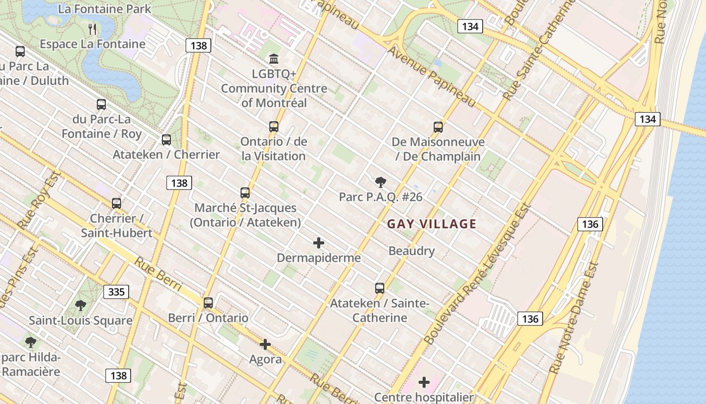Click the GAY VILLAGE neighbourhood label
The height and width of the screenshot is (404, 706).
pos(432,224)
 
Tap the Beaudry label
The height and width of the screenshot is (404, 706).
pos(411,251)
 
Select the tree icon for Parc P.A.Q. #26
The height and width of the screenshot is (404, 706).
pos(381,182)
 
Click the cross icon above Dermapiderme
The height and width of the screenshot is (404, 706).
pos(319,243)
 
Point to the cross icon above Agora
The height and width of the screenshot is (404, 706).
pos(265,344)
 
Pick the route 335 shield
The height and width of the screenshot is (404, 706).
pos(116,292)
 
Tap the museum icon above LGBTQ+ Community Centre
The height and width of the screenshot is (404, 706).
pos(274,59)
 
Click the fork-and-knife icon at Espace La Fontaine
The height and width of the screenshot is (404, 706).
pos(92,29)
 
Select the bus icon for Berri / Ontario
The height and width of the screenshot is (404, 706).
pos(208,303)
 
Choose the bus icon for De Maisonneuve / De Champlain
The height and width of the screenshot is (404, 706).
pos(438,127)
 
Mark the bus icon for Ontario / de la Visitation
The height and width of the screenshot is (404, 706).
pos(274,126)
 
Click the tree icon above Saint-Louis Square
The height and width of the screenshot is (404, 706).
pos(80,305)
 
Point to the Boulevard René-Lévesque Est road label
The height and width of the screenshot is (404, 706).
pos(477,275)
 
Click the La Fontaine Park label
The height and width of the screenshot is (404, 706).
pos(104,9)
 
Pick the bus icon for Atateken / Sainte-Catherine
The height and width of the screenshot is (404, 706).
pos(380,288)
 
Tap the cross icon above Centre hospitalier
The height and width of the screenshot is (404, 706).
pos(424,382)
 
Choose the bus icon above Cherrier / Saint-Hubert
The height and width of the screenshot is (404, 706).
pos(116,203)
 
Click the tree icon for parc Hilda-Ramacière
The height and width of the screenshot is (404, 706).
pos(31,342)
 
